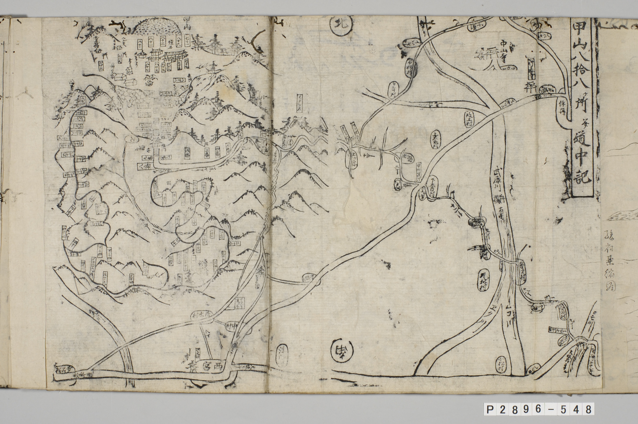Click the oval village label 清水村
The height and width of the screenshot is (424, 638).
(281, 359)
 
